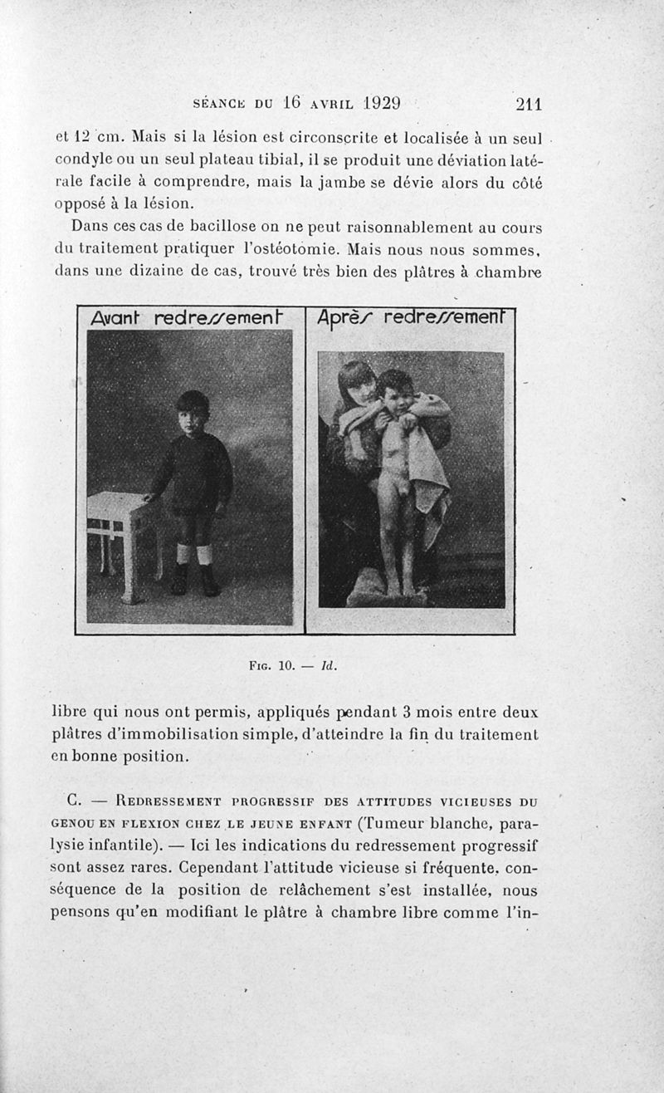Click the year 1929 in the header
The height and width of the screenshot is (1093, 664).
(374, 104)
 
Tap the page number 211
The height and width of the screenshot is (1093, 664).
(528, 105)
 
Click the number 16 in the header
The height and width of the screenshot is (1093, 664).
(290, 104)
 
